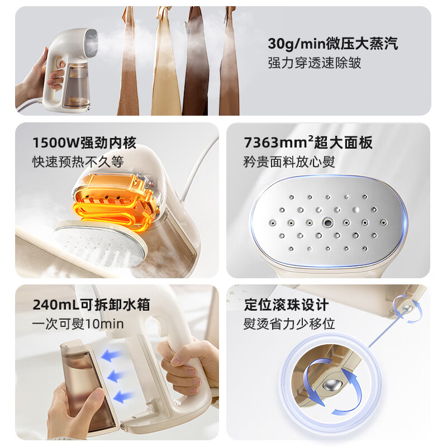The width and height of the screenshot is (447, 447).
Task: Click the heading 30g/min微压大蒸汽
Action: point(332,44)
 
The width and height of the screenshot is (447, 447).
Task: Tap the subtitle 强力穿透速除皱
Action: point(315,63)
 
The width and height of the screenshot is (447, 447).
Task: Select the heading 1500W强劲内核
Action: point(84,143)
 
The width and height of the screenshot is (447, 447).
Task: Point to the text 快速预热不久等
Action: point(78,163)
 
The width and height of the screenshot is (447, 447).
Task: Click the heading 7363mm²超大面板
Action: point(308,143)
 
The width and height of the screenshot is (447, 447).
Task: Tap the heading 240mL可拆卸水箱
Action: point(91,305)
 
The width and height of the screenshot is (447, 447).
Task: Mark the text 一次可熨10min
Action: point(78,324)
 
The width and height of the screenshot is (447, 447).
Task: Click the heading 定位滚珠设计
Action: point(287,305)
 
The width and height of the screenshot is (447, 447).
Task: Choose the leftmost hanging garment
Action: point(128,61)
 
